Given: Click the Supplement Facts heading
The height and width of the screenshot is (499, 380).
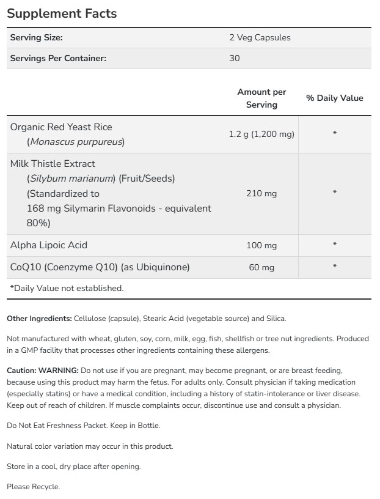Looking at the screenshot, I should coord(62,13).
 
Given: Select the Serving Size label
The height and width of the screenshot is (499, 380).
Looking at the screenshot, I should coord(37,37).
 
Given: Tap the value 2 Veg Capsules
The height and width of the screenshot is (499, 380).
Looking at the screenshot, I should coord(260,37).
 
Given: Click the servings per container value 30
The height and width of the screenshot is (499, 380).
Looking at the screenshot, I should coord(235,58).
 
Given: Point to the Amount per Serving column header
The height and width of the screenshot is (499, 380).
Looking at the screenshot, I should coord(261,98).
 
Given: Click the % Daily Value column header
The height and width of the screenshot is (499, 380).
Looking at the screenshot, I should coord(334,98).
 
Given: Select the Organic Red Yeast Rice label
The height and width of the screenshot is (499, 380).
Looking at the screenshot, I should coord(61,127).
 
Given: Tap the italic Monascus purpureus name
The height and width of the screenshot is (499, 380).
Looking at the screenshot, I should coord(76,142).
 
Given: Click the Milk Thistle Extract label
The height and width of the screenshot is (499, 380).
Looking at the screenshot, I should coord(53,164).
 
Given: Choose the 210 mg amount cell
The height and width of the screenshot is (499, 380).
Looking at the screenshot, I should coord(261,193).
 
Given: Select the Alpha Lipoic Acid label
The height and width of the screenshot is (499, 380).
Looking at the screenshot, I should coord(49,245).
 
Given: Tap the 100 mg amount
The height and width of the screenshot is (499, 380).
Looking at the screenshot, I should coord(261,245).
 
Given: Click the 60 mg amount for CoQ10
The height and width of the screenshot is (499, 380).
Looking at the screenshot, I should coord(261,267).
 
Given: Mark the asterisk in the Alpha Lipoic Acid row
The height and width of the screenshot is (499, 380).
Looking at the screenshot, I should coord(335,245).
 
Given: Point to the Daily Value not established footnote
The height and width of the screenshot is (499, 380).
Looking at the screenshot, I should coord(67,288).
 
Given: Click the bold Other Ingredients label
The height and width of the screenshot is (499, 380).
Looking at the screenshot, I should coord(39,319).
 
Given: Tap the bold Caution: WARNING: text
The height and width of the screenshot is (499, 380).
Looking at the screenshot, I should coord(43,371).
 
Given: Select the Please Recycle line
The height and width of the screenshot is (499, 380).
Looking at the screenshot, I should coord(34,487).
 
